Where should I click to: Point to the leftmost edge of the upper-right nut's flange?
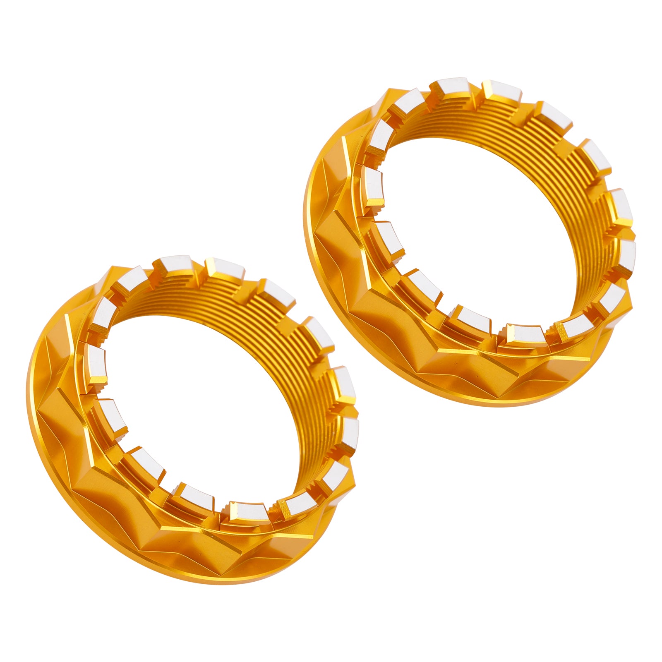point(305,215)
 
